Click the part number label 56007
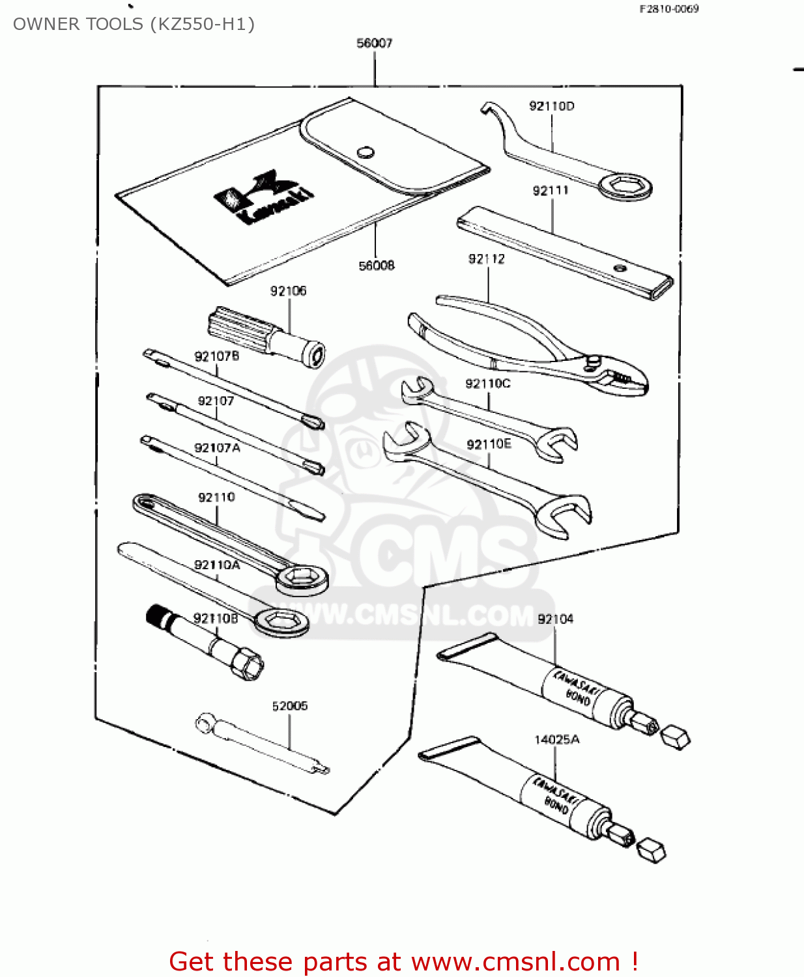pos(374,43)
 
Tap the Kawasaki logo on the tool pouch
pos(264,197)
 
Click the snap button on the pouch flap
pos(366,152)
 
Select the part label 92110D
pos(551,106)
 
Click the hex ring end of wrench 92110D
pos(625,187)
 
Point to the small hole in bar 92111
pos(620,267)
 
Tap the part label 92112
pos(486,259)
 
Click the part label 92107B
pos(216,356)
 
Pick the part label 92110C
pos(487,384)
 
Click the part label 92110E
pos(489,444)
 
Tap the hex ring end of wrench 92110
pos(301,578)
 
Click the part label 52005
pos(289,706)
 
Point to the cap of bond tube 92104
pos(675,737)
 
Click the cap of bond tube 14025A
pos(650,850)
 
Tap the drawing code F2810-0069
pos(668,9)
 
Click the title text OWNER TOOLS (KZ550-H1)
pos(134,24)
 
